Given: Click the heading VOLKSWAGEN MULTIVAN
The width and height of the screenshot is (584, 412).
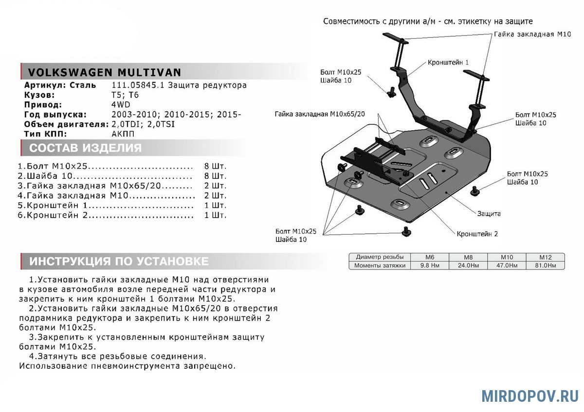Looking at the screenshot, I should coord(105,72).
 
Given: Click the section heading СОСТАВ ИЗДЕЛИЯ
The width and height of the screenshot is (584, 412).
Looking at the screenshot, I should coord(86,148).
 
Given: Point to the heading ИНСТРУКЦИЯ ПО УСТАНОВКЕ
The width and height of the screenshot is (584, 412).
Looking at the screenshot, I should coord(119,261).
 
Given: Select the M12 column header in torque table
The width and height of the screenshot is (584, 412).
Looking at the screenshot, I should coord(545,257).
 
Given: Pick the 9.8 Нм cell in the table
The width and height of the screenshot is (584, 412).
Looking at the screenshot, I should coord(429,266).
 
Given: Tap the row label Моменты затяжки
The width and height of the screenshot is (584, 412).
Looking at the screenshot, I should coord(380,266).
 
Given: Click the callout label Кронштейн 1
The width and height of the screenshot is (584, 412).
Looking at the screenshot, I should coord(448,63).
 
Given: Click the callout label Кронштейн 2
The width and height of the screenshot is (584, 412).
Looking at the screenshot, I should coord(477,234).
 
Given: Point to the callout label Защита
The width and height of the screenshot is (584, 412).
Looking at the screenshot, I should coord(489,213).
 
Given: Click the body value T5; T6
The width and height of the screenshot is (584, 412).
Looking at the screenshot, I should coord(125,95).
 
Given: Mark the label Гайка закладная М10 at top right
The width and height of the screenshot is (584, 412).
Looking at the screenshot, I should coord(532,35).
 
